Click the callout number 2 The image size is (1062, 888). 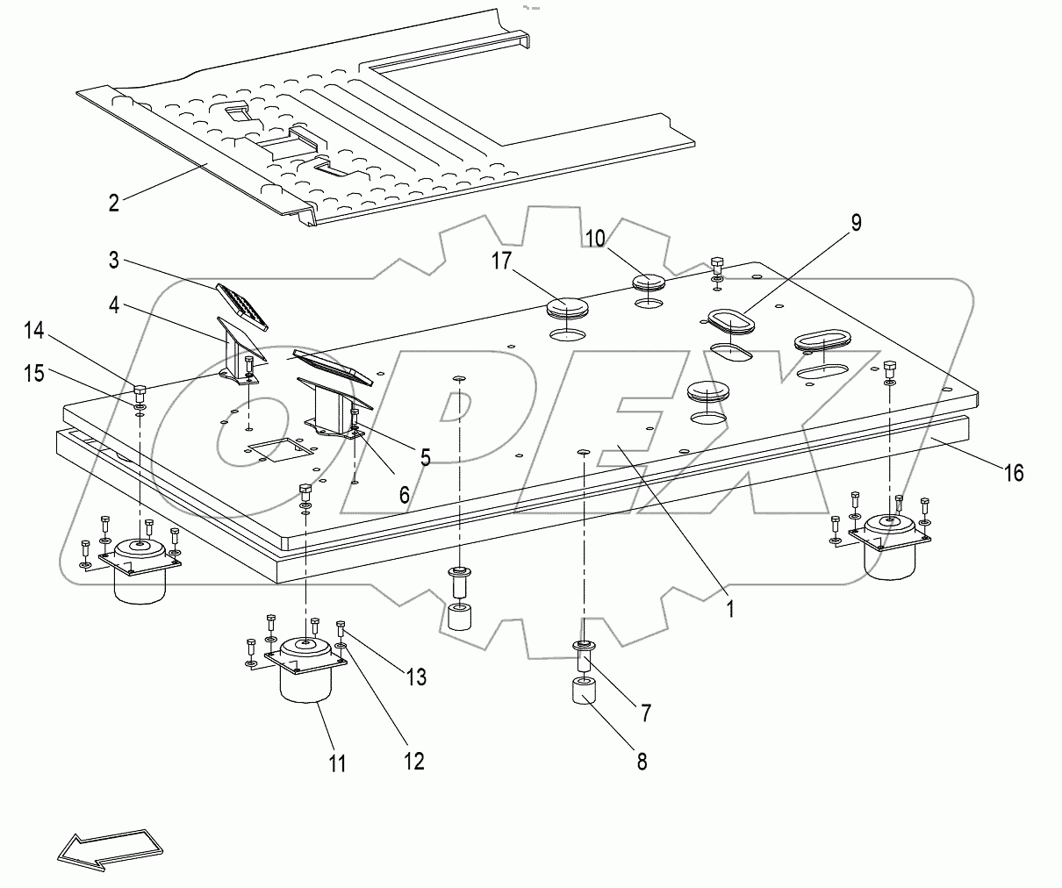(113, 203)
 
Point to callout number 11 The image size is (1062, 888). (337, 763)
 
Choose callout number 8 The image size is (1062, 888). (642, 762)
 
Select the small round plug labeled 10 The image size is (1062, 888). (649, 283)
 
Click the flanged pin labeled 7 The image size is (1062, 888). (585, 655)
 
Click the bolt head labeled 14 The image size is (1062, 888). (140, 390)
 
